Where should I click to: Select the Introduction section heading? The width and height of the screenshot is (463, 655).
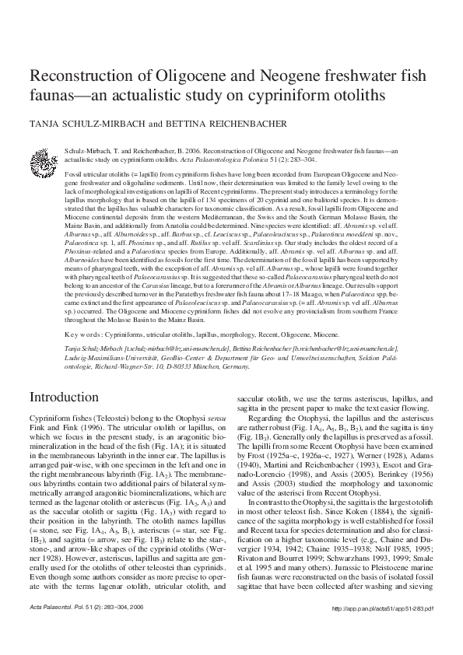[x=63, y=397]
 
